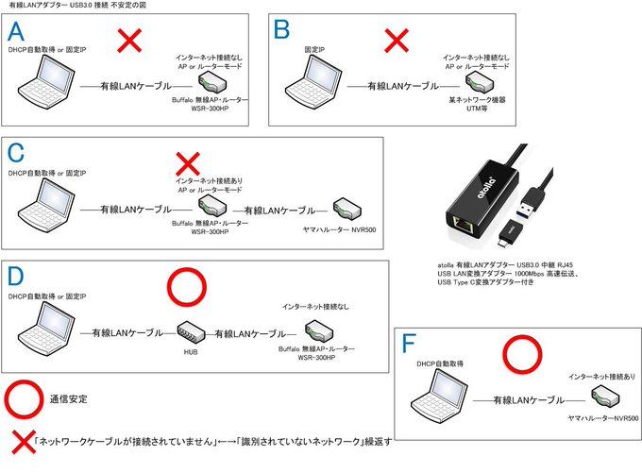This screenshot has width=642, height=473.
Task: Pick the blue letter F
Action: (x=408, y=343)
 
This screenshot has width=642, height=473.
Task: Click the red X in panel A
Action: (x=128, y=41)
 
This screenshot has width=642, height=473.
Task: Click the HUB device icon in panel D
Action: (x=191, y=331)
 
